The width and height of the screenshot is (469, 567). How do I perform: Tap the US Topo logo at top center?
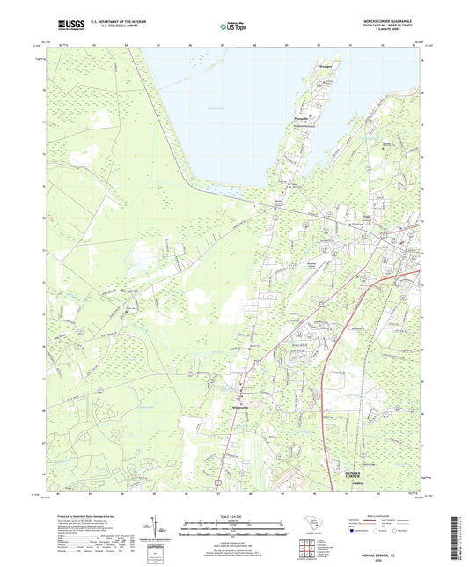[x=233, y=27]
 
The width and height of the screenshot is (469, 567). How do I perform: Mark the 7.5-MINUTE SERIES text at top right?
[x=398, y=33]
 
